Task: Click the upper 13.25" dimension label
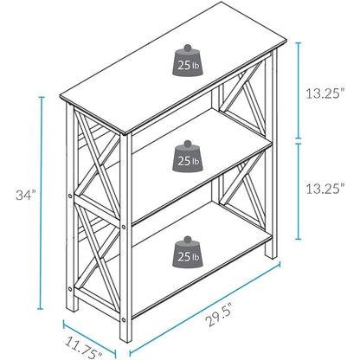point(329,92)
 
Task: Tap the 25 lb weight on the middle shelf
point(187,156)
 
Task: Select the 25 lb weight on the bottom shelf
point(187,251)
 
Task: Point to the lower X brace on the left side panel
point(90,251)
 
